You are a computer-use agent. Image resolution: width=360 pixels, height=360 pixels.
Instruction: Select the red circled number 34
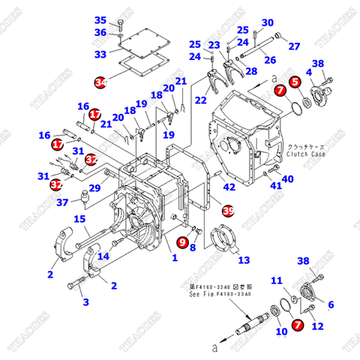click(100, 80)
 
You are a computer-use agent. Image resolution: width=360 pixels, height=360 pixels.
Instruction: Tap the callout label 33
click(100, 54)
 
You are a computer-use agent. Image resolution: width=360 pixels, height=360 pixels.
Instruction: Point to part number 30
click(267, 22)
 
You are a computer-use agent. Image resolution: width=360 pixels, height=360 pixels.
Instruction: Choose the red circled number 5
click(295, 80)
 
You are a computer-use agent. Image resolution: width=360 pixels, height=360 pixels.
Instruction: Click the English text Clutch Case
click(308, 155)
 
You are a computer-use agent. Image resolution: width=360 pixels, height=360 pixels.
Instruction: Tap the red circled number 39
click(228, 211)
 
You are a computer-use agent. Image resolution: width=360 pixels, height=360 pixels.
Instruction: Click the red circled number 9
click(182, 241)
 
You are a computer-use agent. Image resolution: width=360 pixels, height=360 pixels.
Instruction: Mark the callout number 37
click(64, 202)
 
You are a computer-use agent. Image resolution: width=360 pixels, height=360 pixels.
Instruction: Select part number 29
click(95, 188)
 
